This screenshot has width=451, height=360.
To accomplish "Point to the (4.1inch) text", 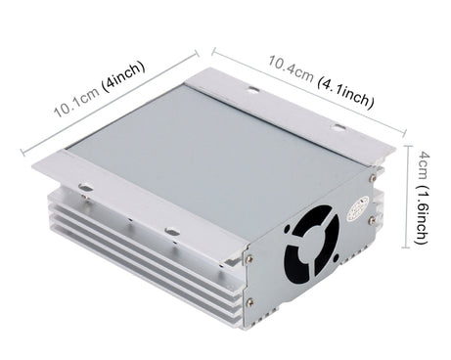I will pyautogui.click(x=347, y=95).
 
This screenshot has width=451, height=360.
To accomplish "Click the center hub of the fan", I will pyautogui.click(x=312, y=247).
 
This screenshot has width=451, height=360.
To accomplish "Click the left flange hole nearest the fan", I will pyautogui.click(x=172, y=232).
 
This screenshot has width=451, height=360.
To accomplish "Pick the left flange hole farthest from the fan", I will pyautogui.click(x=86, y=189).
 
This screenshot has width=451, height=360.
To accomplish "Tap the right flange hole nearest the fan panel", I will pyautogui.click(x=338, y=128).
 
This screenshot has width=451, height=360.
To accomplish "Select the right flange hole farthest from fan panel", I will pyautogui.click(x=253, y=91).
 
